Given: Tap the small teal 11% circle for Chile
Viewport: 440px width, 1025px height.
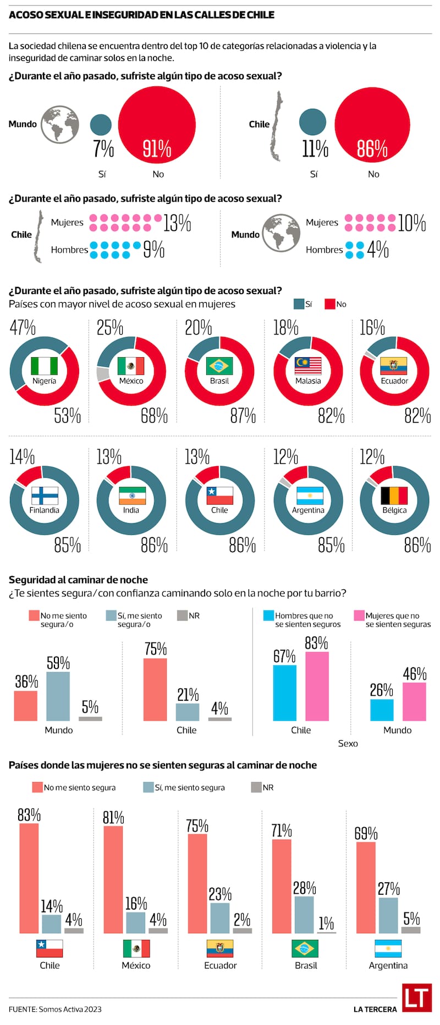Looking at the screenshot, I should coord(312,122).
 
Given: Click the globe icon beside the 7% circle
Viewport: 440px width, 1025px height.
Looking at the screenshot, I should coord(59,124).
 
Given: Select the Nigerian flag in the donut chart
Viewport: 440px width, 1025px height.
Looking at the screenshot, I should coord(44,366).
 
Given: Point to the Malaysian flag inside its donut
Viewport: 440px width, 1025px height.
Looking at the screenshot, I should coord(308,366).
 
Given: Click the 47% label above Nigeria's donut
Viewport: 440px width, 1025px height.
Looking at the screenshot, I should coord(23,328).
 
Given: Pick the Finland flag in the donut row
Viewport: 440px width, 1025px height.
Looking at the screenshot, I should coord(44,496).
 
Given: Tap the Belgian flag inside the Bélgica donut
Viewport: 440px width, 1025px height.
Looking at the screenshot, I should coord(394,496).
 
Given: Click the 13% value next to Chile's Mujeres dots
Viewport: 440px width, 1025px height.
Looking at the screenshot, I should coord(177,223).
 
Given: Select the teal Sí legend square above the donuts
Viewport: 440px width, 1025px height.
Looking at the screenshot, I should coord(299,304).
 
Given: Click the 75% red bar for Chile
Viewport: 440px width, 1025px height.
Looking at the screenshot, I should coord(155,689).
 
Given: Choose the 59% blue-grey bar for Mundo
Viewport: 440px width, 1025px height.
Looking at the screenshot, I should coord(58,696).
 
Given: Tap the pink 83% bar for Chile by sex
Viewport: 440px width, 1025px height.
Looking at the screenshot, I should coord(317,686).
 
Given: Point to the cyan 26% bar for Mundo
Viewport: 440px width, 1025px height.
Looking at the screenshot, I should coord(382,710).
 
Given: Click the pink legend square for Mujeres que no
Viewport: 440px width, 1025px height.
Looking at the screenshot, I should coord(359,616).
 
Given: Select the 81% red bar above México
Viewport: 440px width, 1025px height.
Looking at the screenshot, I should coord(113,879).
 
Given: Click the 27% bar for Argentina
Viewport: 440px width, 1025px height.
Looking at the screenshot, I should coord(388,915).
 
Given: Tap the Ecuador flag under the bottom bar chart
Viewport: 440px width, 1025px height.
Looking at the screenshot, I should coord(219,949).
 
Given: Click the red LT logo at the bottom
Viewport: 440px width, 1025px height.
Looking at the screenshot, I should coord(416,998).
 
